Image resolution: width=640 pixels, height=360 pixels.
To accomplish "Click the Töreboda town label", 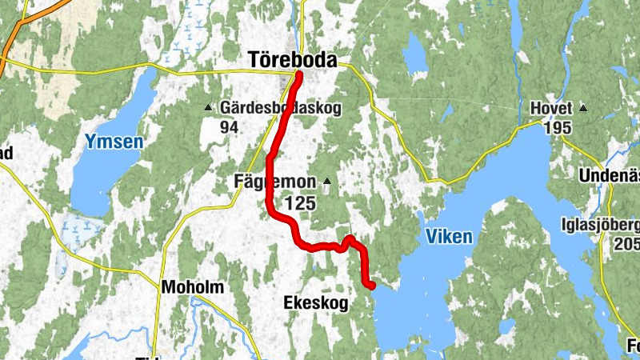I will tap(293, 60).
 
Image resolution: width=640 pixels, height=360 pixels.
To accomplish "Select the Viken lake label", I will tap(449, 237).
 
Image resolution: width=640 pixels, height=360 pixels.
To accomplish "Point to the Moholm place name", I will tap(193, 287).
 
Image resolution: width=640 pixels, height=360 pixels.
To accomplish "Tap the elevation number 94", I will tap(230, 126).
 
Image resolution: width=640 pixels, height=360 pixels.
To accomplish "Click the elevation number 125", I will tap(300, 204).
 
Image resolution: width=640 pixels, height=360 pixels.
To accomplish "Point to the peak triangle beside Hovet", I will tap(583, 108).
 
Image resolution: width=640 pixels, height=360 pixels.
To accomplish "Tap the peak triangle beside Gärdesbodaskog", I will tap(208, 107).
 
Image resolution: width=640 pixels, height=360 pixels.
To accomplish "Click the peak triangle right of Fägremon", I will tap(326, 182).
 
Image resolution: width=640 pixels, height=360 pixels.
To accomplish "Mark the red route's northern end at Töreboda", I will tap(298, 75).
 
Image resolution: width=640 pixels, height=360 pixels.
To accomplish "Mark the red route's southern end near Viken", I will tap(371, 285).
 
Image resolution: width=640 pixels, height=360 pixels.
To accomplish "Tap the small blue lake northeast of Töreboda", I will tap(415, 54).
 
